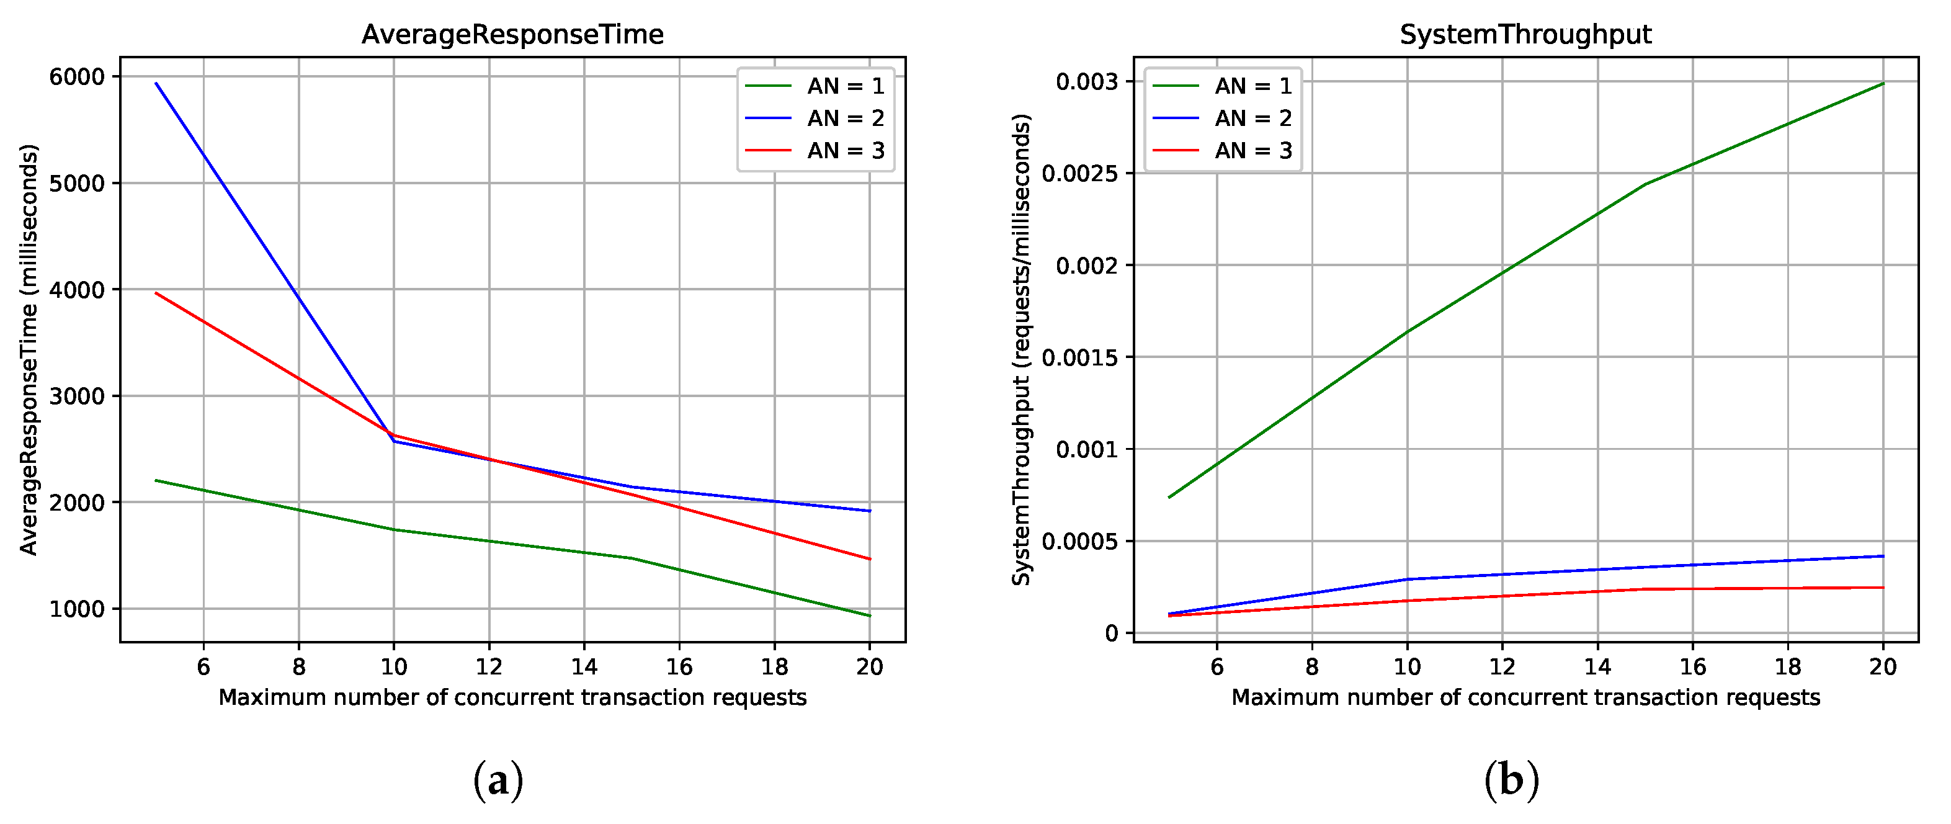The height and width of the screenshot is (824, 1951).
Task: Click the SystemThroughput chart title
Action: (x=1525, y=35)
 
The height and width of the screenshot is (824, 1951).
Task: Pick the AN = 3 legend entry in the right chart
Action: (x=1252, y=151)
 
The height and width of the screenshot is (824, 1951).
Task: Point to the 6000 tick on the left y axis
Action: (x=76, y=76)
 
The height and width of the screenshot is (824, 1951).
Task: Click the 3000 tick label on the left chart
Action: (x=76, y=396)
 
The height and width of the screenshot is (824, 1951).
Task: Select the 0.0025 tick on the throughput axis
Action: (x=1079, y=174)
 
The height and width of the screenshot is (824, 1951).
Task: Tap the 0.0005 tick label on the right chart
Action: (x=1079, y=542)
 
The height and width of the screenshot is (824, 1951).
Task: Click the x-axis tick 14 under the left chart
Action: (x=584, y=666)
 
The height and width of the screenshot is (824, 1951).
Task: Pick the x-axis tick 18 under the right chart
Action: (x=1788, y=666)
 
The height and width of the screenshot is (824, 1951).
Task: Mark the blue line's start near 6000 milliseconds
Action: (x=156, y=83)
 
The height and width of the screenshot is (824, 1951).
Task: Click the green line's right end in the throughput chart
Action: (x=1883, y=83)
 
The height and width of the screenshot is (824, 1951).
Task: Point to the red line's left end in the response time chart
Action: (x=156, y=293)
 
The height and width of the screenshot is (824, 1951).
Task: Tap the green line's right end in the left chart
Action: (x=870, y=616)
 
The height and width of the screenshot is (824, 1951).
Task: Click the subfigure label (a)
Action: (x=498, y=780)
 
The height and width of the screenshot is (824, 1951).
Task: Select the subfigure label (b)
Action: (x=1511, y=780)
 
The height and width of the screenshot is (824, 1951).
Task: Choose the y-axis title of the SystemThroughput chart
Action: (x=1022, y=349)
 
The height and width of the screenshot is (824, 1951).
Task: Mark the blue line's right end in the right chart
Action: (x=1883, y=557)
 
